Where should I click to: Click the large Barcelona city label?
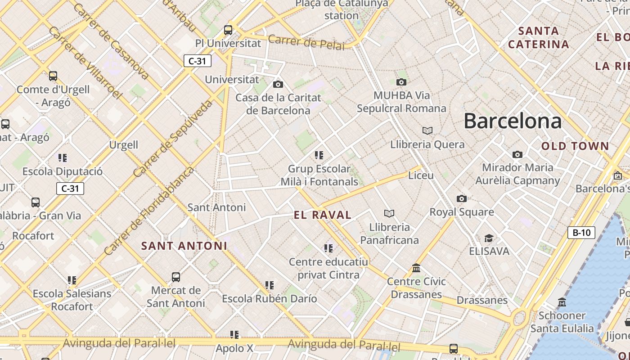(x=513, y=121)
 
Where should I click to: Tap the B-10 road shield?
(x=581, y=233)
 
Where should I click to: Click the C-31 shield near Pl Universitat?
(x=197, y=61)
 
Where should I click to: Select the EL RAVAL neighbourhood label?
(x=323, y=215)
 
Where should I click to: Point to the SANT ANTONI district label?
(x=184, y=246)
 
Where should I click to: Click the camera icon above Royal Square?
(x=461, y=198)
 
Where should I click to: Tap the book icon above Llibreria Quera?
(x=427, y=130)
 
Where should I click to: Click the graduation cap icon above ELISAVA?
(x=489, y=238)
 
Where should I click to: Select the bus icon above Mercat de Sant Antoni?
(x=176, y=277)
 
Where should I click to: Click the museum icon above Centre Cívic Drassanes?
(x=416, y=268)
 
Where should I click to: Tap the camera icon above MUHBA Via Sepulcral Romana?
(x=401, y=82)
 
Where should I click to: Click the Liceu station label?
(x=420, y=175)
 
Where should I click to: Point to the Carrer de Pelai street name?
(x=306, y=42)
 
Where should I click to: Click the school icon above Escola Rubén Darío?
(x=269, y=285)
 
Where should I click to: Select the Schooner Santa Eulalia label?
(x=562, y=322)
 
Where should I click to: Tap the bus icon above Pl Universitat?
(x=228, y=30)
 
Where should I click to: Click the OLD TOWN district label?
(x=575, y=146)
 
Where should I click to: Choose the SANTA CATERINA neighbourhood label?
(x=539, y=38)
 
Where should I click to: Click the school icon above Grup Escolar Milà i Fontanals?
(x=319, y=155)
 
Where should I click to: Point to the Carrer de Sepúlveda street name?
(x=172, y=139)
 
